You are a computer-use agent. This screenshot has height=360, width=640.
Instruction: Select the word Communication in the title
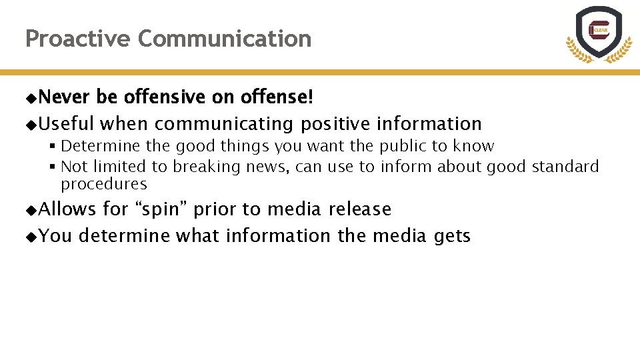coord(225,39)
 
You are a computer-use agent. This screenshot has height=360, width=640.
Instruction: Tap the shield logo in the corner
coord(599,33)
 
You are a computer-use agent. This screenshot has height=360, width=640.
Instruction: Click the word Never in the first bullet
coord(64,97)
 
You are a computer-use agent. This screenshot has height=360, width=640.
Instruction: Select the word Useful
coord(67,124)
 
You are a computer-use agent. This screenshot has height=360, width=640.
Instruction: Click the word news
coord(268,167)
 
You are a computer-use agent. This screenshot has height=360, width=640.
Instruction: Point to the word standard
coord(565,167)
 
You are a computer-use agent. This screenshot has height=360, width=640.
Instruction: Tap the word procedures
coord(103,184)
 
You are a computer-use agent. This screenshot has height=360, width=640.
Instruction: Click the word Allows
coord(67,209)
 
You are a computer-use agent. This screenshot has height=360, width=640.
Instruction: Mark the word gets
coord(453,237)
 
